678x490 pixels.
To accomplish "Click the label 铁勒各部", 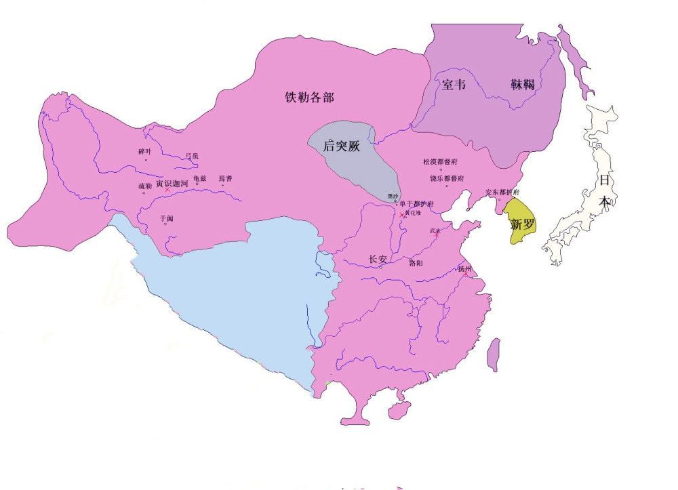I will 309,98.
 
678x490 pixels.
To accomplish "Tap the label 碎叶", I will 144,151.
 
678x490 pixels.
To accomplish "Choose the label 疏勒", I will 144,185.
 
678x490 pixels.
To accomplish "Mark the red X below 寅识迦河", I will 167,190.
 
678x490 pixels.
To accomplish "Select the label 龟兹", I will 199,178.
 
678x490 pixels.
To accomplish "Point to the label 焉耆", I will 225,178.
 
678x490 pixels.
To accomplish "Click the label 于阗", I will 166,218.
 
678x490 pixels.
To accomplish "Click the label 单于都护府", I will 416,204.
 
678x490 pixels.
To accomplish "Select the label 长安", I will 378,259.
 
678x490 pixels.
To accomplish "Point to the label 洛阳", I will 416,262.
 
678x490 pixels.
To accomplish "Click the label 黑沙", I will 393,196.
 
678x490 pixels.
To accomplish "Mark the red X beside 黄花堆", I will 403,214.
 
